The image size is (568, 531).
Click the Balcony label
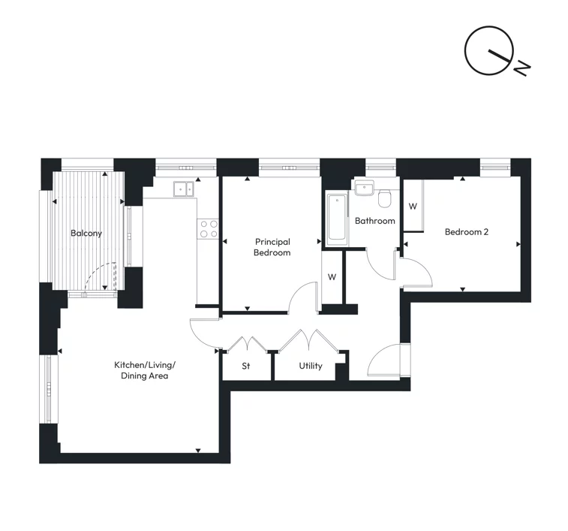click(x=86, y=233)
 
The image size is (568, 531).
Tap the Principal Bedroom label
click(x=272, y=247)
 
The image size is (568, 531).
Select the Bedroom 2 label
click(x=466, y=232)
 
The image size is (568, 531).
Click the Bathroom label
click(x=374, y=221)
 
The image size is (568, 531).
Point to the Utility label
click(x=310, y=366)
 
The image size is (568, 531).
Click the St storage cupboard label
click(x=245, y=367)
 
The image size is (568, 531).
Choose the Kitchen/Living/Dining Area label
click(x=144, y=370)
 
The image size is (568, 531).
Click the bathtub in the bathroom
click(x=336, y=218)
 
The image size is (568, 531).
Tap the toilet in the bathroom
click(x=385, y=198)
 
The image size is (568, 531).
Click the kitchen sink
click(x=183, y=189)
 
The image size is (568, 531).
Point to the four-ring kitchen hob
click(x=208, y=229)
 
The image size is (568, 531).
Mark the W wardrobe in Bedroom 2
click(x=412, y=206)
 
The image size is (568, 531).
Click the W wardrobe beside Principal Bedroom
click(x=332, y=276)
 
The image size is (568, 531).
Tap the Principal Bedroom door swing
click(x=303, y=296)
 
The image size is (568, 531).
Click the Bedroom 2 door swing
click(x=415, y=270)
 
